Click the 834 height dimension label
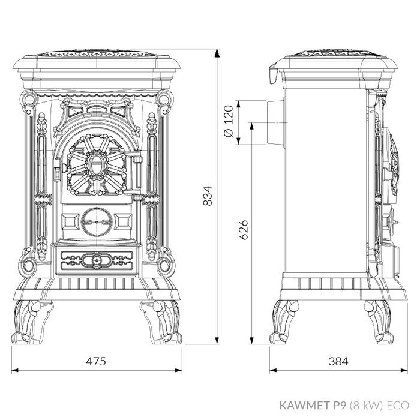click(208, 196)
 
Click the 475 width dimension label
click(96, 361)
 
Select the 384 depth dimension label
click(338, 361)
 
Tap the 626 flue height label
click(244, 230)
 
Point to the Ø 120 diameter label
click(229, 121)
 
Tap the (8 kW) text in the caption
click(365, 405)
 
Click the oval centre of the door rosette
click(95, 164)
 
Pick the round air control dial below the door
click(97, 222)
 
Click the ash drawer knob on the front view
click(96, 259)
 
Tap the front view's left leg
click(32, 322)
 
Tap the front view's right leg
click(161, 322)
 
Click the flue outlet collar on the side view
click(275, 122)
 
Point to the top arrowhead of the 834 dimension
click(217, 53)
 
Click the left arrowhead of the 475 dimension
click(15, 370)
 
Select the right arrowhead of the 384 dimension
click(404, 370)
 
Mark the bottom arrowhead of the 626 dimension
click(251, 340)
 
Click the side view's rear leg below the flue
click(284, 322)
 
